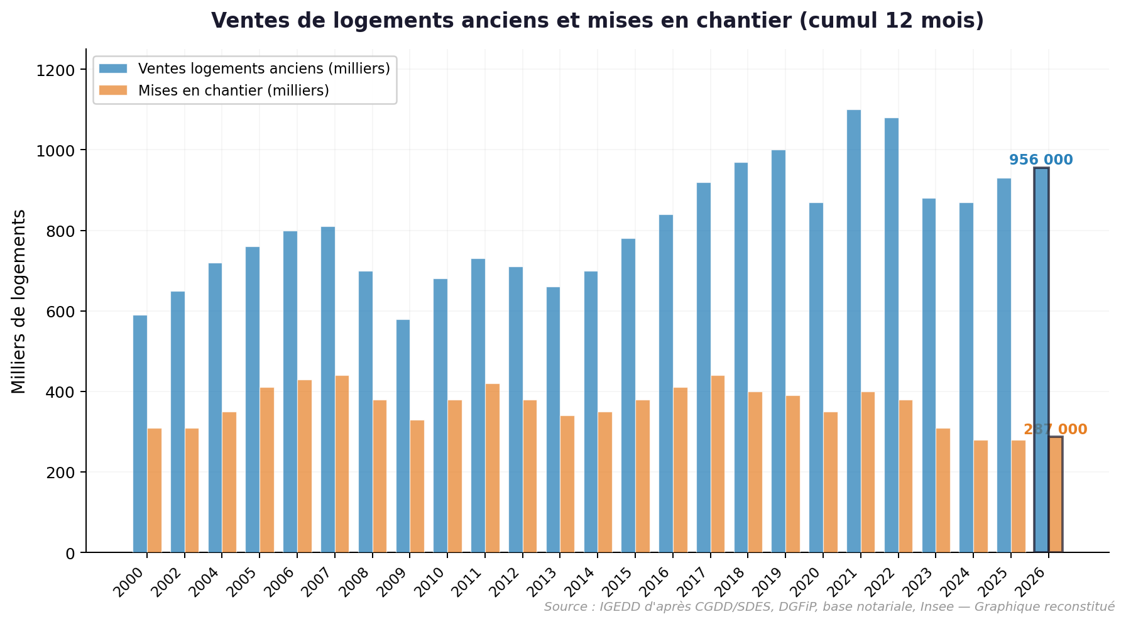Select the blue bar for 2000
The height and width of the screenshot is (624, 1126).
click(x=139, y=434)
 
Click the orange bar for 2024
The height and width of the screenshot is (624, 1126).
click(x=980, y=496)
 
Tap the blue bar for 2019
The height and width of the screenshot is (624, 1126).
click(x=778, y=351)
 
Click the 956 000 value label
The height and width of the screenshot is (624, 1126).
click(x=1041, y=160)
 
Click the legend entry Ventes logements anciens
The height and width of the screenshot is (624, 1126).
click(x=264, y=68)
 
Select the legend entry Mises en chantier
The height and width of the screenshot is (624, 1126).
click(x=234, y=90)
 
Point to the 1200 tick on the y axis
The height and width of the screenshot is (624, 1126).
click(x=60, y=70)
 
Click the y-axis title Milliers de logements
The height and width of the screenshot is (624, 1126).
click(x=19, y=302)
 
